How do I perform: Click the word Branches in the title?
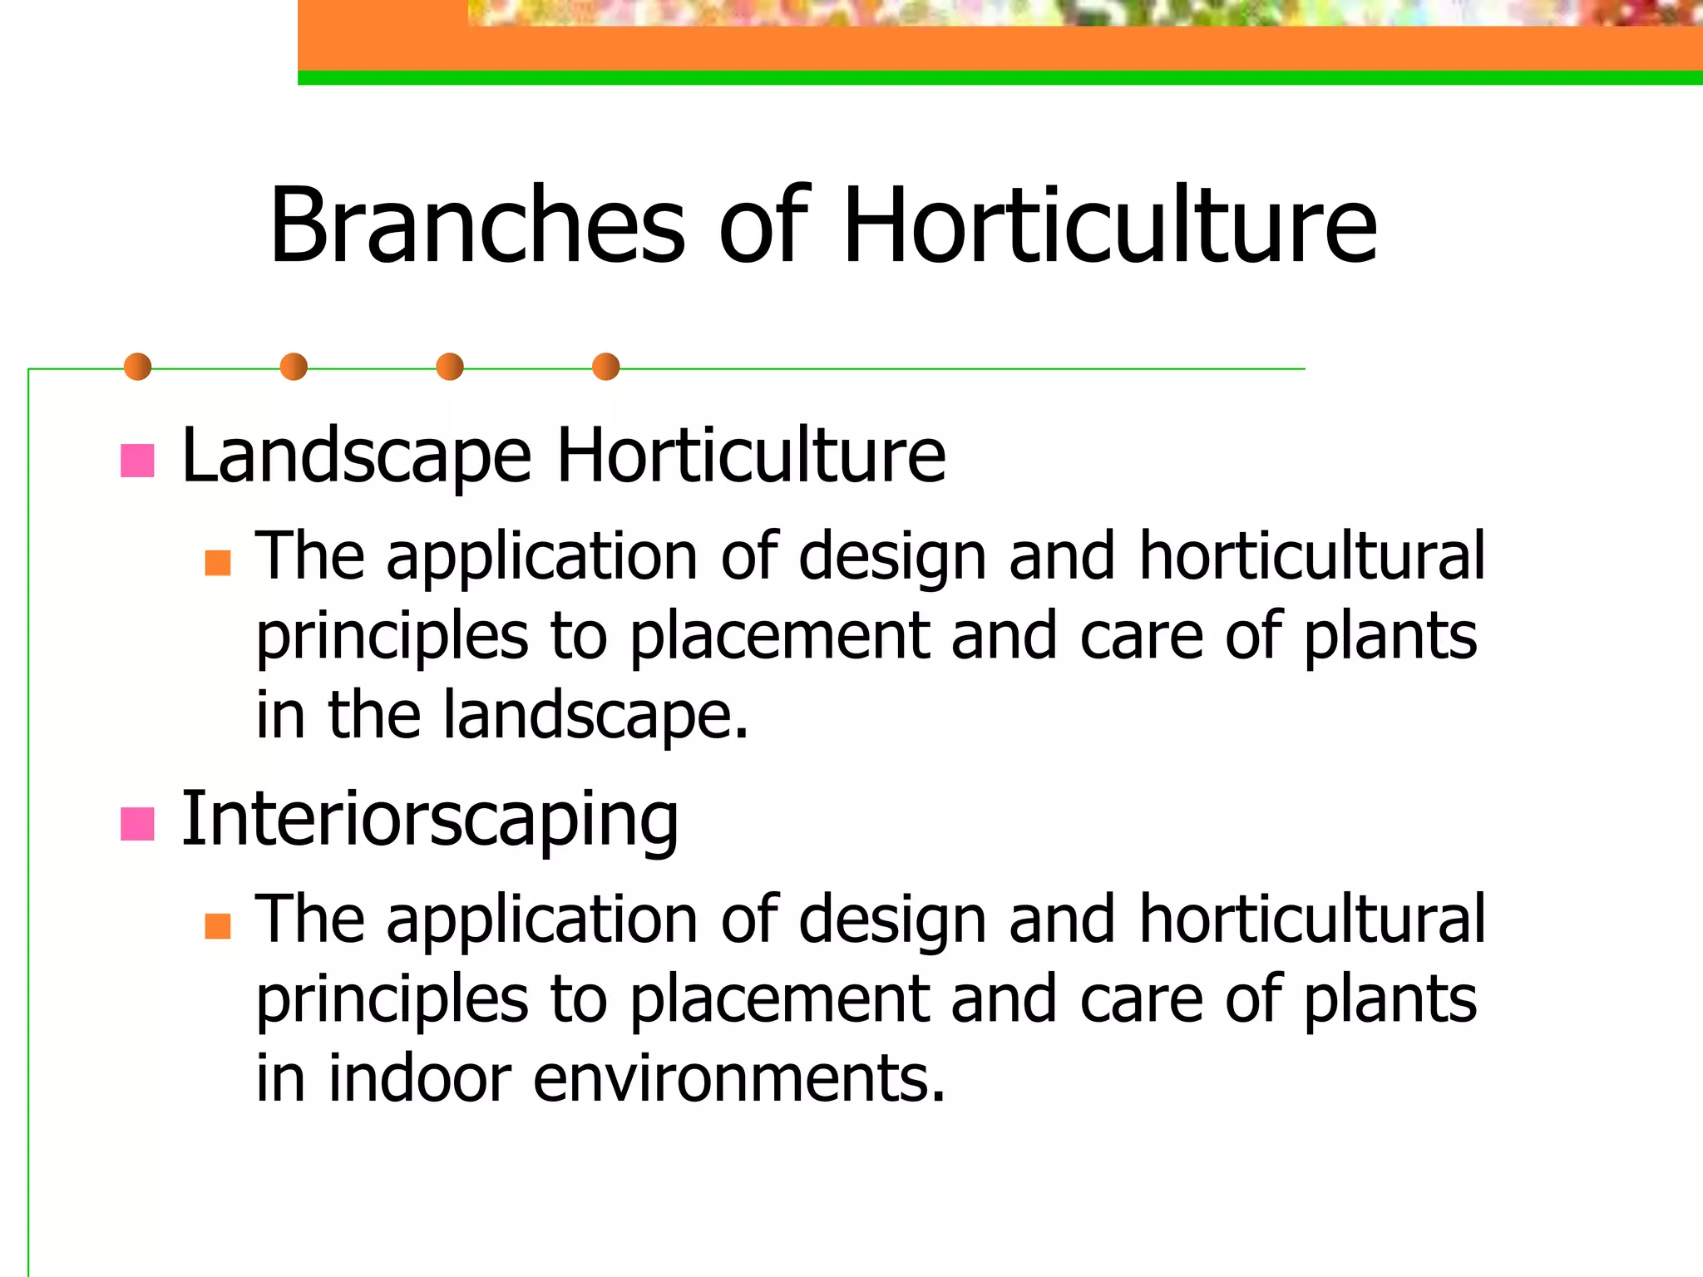[477, 226]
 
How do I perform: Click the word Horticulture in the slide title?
[1109, 226]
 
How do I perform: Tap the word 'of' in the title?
[763, 226]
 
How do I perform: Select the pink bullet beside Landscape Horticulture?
[137, 461]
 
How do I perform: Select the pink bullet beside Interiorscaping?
[137, 824]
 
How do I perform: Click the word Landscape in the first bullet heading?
[356, 456]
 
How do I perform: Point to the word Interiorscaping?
[429, 821]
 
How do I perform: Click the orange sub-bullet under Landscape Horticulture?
[217, 563]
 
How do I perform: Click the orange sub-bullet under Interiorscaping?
[217, 926]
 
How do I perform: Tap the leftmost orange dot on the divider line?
[137, 367]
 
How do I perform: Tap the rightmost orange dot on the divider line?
[605, 367]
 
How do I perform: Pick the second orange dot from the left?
[294, 367]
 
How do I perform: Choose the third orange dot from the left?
[450, 367]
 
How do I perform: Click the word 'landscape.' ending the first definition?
[595, 715]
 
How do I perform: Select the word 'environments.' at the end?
[738, 1078]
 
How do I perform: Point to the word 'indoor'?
[419, 1078]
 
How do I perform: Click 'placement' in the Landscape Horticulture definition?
[779, 636]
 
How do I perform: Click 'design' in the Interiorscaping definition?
[891, 920]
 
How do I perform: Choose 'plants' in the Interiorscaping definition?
[1390, 1000]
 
